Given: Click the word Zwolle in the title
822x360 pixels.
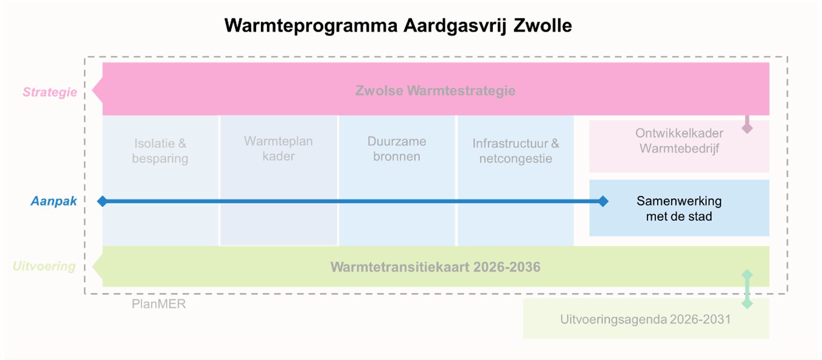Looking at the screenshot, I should pos(543,26).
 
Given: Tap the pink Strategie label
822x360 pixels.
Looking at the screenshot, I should pos(50,92).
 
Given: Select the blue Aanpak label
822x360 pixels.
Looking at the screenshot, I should pos(54,201).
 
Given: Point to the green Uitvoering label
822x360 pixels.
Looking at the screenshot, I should pos(44,266).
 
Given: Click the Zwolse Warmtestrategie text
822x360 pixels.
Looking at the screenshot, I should pos(435,91).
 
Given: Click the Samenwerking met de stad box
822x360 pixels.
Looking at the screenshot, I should pos(679,208).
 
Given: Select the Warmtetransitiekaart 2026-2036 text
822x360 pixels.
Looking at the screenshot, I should pos(435,267).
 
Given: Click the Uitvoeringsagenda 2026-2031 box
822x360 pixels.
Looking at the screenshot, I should pos(646,319).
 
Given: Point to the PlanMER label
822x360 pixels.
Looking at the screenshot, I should pos(159,304).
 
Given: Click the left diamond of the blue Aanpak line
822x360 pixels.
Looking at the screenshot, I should pos(102,201).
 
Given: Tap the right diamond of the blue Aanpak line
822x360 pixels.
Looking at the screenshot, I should pos(603,201).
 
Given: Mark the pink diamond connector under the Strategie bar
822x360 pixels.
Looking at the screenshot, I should pos(747,128).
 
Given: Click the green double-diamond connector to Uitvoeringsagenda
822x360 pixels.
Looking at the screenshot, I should pos(747,289).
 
